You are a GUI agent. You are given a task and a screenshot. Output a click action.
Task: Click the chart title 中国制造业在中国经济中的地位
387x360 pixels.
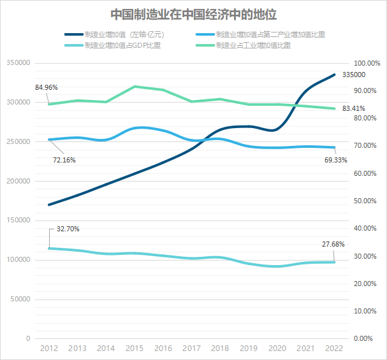(x=194, y=13)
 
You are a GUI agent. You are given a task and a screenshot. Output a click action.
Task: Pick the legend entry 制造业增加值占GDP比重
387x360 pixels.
(x=117, y=46)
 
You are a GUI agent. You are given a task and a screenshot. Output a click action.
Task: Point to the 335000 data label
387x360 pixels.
(x=354, y=75)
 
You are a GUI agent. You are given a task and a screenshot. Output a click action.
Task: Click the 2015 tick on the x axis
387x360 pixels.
(x=135, y=349)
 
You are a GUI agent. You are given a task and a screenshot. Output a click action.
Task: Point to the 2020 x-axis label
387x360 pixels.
(x=277, y=349)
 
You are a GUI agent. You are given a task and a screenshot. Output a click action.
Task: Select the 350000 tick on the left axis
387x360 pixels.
(x=18, y=63)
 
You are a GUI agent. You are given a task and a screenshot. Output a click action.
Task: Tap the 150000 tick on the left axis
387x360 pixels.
(x=18, y=220)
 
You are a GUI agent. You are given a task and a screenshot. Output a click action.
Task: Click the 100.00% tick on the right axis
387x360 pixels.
(x=367, y=63)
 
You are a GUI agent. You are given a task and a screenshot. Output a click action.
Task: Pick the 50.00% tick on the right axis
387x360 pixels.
(x=367, y=201)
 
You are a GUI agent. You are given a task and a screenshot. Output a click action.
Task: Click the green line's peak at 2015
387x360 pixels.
(x=135, y=86)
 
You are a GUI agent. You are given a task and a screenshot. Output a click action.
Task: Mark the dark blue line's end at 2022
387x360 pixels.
(x=334, y=75)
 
